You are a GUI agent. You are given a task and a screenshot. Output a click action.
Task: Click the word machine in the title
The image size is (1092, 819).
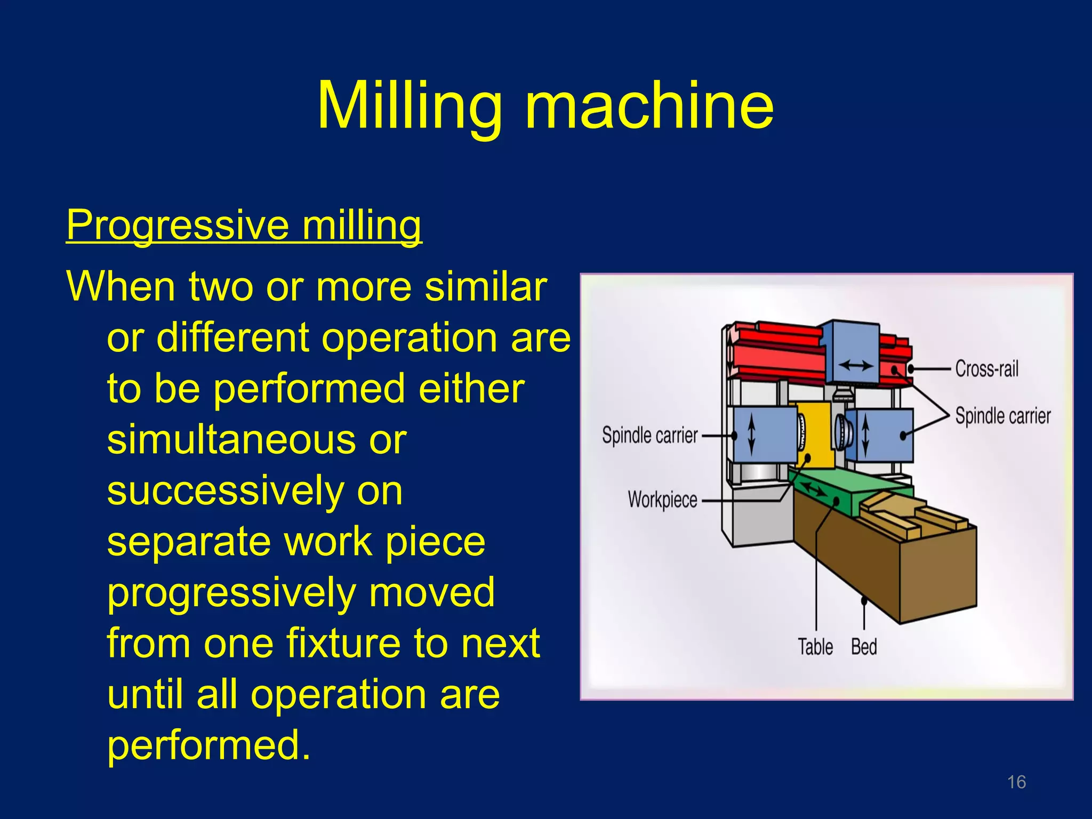649,106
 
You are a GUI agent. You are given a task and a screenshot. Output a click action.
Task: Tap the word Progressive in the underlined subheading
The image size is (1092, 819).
178,225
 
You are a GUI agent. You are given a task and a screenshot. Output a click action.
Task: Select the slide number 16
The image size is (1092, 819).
1016,782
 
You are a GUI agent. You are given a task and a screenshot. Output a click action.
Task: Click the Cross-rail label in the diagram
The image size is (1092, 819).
986,368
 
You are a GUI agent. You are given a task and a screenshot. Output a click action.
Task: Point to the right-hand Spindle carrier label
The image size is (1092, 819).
1002,415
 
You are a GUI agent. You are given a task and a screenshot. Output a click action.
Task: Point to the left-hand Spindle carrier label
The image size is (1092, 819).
649,435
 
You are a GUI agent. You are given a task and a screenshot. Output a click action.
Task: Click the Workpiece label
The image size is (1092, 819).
662,500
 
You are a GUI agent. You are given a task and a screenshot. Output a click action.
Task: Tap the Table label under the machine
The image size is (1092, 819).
815,647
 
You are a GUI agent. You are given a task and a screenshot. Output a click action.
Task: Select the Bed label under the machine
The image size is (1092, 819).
864,647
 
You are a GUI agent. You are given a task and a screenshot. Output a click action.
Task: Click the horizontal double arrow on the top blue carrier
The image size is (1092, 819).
856,366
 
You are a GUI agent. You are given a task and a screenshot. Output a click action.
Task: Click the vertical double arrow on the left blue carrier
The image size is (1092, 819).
752,433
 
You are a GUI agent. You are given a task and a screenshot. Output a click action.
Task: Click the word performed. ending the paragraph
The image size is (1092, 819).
208,745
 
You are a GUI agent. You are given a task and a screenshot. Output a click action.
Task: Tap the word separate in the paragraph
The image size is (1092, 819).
189,542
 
